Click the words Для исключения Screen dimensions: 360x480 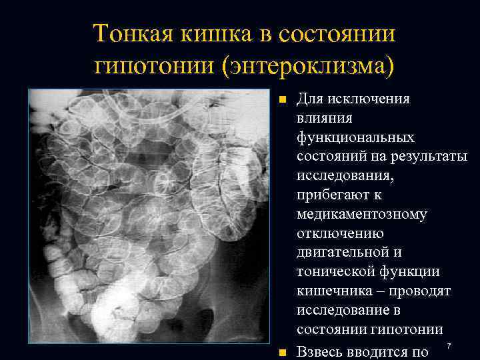[353, 99]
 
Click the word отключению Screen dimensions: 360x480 [335, 234]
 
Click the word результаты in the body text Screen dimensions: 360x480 [431, 157]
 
